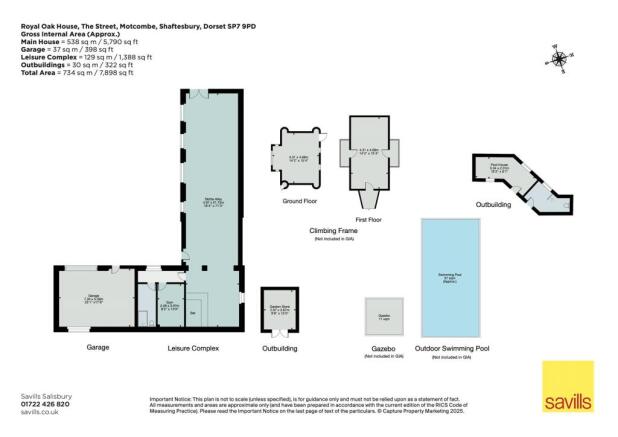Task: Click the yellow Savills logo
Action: coord(567,387)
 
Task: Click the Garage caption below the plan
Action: coord(97,347)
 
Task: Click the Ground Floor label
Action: coord(299,201)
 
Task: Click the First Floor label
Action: coord(370,215)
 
